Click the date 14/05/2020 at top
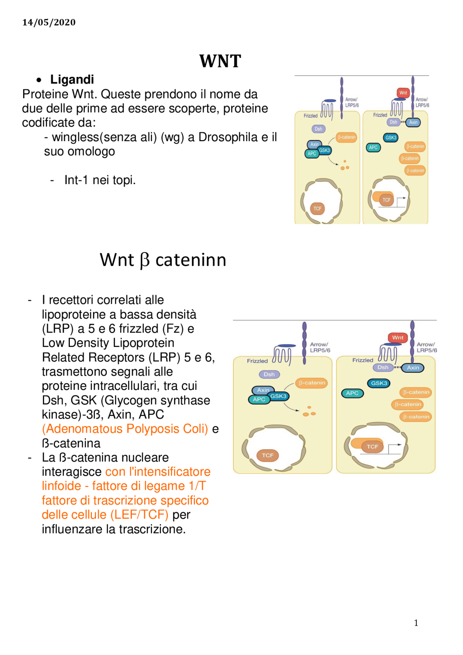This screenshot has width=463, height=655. (x=49, y=22)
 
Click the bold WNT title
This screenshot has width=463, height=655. (x=220, y=61)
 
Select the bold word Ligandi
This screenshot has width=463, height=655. (x=72, y=80)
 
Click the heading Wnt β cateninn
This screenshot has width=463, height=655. (x=163, y=260)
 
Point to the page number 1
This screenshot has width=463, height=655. (x=416, y=623)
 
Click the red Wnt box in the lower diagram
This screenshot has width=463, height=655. (x=398, y=337)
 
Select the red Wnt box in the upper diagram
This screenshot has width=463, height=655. (x=403, y=93)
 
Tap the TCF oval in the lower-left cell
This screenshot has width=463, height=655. (x=268, y=455)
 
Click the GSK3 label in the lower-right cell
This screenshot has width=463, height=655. (x=379, y=383)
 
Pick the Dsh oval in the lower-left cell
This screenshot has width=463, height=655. (x=269, y=374)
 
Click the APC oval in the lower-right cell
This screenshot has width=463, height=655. (x=352, y=393)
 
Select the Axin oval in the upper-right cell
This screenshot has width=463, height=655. (x=413, y=122)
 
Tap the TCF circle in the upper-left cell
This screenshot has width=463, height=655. (x=317, y=208)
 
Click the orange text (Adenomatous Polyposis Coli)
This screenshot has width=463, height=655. (x=125, y=429)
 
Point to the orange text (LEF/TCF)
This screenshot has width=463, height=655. (x=139, y=515)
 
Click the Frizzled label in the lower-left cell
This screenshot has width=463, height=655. (x=257, y=361)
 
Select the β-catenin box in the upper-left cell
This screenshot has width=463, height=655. (x=347, y=137)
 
